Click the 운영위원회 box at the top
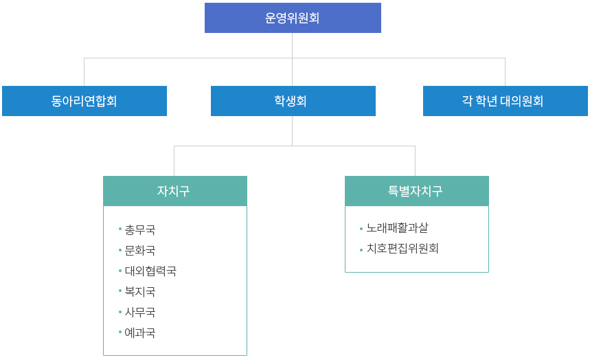[293, 18]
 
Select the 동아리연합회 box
[84, 101]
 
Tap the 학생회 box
[293, 101]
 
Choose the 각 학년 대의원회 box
[506, 101]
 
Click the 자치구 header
[175, 191]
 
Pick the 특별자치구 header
[417, 191]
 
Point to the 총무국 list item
[140, 229]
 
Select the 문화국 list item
[140, 250]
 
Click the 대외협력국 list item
[150, 271]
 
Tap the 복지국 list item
[140, 291]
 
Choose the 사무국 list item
[140, 312]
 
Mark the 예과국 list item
[140, 333]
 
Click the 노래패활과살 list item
[398, 228]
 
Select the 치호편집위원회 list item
[402, 249]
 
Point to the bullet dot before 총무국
[120, 229]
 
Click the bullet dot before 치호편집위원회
[361, 249]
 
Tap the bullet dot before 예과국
[120, 332]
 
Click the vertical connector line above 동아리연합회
[84, 72]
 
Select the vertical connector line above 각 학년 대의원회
[505, 72]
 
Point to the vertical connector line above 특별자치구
[415, 161]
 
